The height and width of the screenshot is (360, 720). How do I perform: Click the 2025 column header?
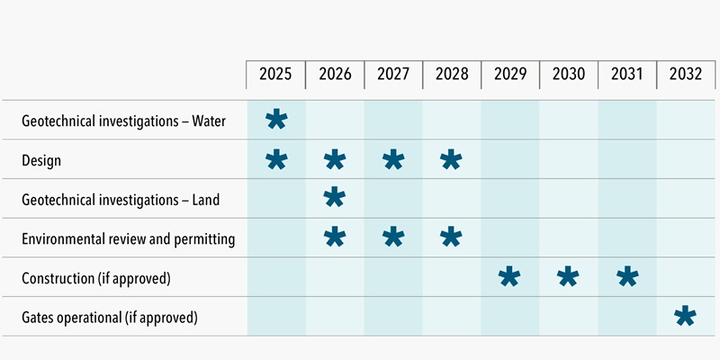(x=275, y=75)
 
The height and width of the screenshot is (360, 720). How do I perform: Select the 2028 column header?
(x=451, y=75)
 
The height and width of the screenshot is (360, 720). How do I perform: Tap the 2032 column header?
(x=686, y=75)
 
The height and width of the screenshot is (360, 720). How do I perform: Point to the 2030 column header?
(x=568, y=75)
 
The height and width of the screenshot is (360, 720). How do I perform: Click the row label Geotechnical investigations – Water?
(x=123, y=121)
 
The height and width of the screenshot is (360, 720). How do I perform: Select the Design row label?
(x=40, y=160)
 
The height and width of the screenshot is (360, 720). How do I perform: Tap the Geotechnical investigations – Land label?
(x=121, y=200)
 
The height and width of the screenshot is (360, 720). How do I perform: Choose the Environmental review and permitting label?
(x=128, y=239)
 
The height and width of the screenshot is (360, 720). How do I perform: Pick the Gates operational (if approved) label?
(x=109, y=318)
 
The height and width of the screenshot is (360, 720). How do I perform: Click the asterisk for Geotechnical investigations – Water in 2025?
(x=276, y=121)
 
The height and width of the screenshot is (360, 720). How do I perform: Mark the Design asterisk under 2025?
(x=276, y=161)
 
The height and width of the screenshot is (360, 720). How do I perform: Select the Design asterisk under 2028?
(x=451, y=161)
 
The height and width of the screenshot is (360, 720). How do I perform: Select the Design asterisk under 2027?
(x=392, y=161)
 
